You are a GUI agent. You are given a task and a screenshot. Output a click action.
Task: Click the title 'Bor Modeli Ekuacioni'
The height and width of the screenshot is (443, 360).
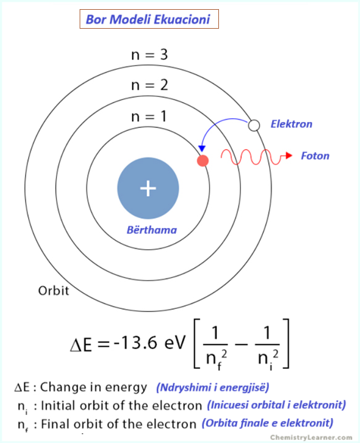click(x=148, y=20)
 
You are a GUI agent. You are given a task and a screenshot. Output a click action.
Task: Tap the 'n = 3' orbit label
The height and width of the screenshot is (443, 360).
click(x=149, y=55)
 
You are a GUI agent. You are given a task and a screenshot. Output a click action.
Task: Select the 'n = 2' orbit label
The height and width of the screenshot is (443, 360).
click(x=149, y=85)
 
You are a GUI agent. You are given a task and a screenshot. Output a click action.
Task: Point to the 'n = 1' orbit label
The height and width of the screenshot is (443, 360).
click(x=149, y=116)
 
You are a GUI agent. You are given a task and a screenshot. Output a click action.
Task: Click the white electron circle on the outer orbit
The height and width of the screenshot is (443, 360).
click(x=254, y=126)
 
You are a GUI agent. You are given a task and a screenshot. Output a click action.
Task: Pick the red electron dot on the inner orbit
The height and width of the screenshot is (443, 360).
click(x=203, y=161)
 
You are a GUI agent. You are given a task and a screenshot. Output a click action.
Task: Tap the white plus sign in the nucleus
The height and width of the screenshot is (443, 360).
click(x=148, y=188)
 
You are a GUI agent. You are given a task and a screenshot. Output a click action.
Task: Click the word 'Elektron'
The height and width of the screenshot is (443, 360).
click(x=292, y=124)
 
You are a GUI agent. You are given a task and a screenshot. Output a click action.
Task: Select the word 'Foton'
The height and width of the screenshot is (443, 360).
click(x=315, y=156)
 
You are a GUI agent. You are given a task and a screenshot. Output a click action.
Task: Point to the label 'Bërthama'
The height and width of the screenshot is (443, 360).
click(x=152, y=230)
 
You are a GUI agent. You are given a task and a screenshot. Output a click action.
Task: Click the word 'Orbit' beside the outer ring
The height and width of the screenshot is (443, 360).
click(x=54, y=291)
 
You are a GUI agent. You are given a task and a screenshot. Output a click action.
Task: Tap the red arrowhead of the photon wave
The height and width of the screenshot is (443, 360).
click(x=289, y=155)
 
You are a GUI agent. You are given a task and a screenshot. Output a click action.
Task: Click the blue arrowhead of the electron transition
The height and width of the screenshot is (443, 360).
click(x=202, y=148)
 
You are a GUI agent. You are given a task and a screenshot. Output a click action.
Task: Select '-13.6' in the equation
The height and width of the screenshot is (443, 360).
click(x=135, y=343)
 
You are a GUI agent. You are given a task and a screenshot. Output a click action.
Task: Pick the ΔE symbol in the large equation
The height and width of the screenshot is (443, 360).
click(x=81, y=345)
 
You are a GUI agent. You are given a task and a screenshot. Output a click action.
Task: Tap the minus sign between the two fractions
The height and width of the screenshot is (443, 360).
click(x=241, y=344)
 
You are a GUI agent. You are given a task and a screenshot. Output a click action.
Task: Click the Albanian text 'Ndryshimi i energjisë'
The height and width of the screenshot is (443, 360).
click(x=213, y=387)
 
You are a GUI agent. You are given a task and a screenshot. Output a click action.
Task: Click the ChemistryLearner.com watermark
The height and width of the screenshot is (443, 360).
click(x=311, y=438)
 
